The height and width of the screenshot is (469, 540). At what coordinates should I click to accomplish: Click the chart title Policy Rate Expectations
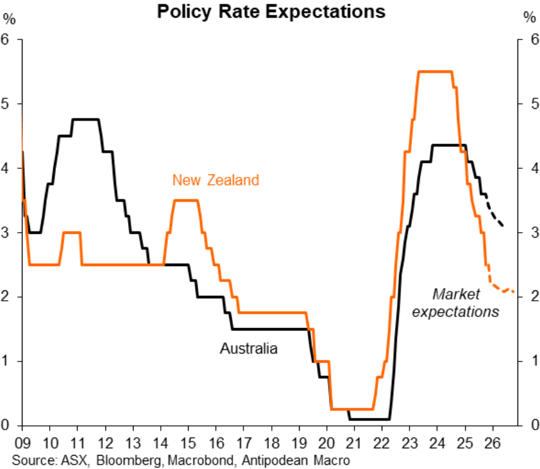[x=271, y=11]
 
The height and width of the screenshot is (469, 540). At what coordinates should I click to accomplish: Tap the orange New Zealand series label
[x=215, y=180]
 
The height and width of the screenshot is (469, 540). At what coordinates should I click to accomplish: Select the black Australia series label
[x=248, y=349]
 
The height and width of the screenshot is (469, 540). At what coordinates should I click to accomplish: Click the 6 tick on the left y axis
[x=8, y=39]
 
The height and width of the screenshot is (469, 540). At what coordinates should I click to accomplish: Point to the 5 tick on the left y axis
[x=8, y=104]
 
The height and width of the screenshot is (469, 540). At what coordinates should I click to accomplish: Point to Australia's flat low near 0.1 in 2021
[x=369, y=419]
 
